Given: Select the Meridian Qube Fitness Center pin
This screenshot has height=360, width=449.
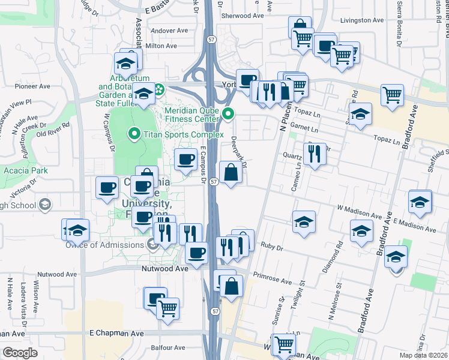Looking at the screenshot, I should [228, 113].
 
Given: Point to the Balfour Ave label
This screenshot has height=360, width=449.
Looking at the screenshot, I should [168, 347].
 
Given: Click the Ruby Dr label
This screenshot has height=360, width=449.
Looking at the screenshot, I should [271, 246].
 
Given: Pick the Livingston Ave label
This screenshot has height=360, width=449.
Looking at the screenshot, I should [361, 20].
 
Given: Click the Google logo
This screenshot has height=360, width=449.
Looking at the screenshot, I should [20, 353].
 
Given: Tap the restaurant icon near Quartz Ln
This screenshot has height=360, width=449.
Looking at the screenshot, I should [315, 154].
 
